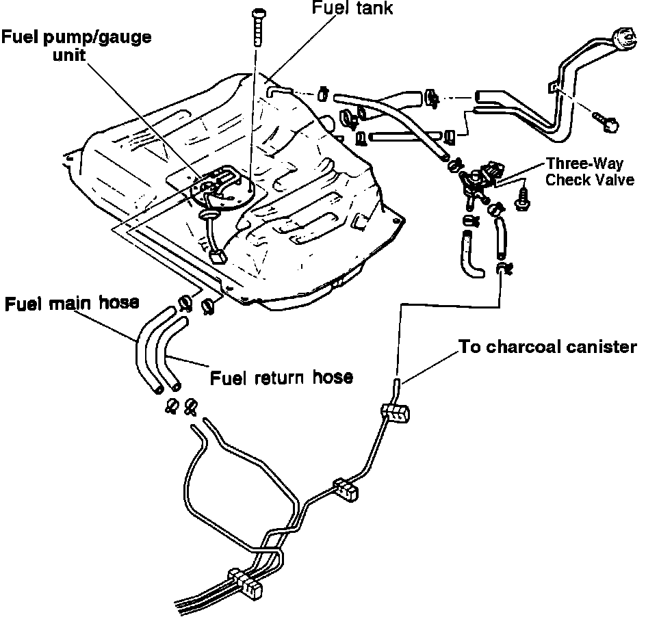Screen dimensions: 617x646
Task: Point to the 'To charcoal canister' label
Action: tap(547, 347)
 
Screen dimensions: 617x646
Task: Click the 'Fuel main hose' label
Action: tap(72, 303)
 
